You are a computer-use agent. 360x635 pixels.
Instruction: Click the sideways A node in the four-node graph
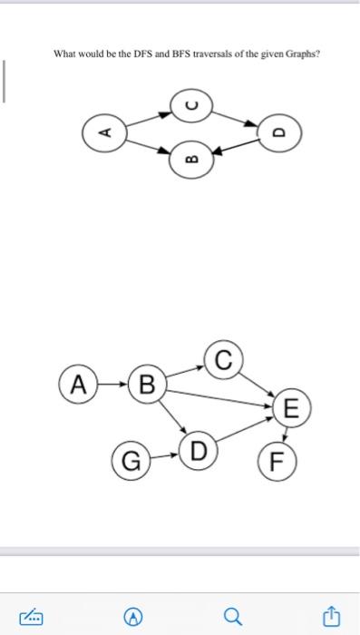click(104, 132)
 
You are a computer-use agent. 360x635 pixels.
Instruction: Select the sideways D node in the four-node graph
click(277, 132)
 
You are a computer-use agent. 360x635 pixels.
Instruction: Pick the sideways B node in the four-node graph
click(190, 161)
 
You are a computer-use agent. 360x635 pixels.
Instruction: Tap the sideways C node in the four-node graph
click(190, 103)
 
